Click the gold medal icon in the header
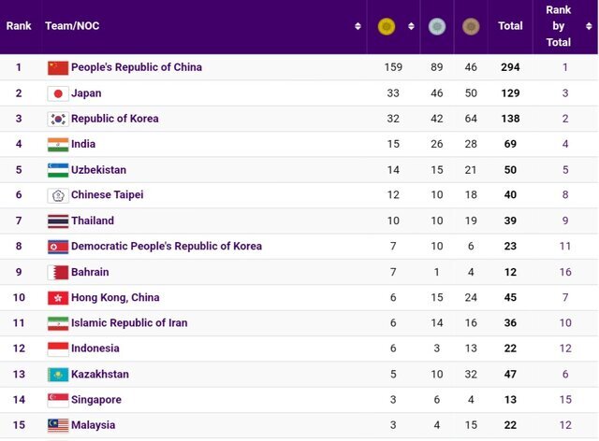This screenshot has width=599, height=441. pos(386,27)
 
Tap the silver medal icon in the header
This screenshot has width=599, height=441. pos(436,27)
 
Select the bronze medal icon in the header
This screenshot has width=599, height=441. pos(470,27)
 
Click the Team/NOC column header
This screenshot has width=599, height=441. pos(72,26)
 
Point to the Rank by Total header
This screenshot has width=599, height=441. pos(559,26)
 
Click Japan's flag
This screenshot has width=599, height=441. pos(58,93)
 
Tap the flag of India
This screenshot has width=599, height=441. pos(58,145)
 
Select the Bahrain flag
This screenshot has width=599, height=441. pos(58,273)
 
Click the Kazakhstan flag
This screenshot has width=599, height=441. pos(58,375)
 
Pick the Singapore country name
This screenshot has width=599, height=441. pos(95,400)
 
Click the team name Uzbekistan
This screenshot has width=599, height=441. pos(98,170)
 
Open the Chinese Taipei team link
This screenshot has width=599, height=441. pos(107,195)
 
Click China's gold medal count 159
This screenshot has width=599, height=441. pos(393,67)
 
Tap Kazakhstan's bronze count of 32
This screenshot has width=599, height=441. pos(470,374)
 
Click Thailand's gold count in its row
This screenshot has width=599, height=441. pos(393,220)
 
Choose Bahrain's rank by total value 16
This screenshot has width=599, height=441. pos(565,272)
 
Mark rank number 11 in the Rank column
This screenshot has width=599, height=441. pos(19,323)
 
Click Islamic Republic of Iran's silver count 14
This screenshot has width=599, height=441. pos(436,322)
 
